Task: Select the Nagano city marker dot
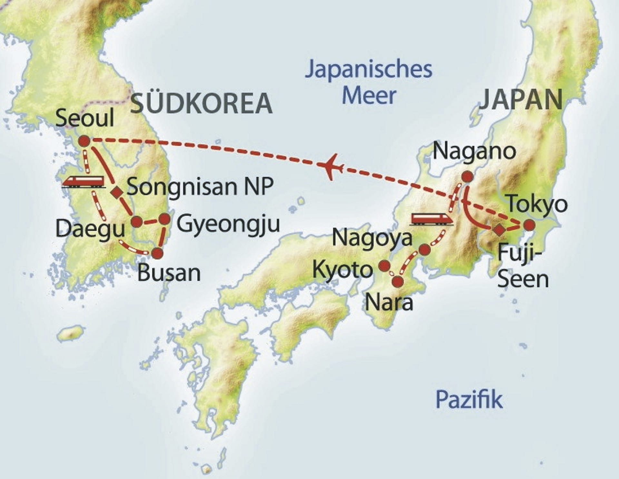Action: pos(467,176)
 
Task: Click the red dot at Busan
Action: pos(157,253)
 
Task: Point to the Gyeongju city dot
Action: pos(164,219)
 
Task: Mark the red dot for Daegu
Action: pos(136,222)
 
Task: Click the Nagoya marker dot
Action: pos(425,249)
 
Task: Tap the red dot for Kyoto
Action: pos(384,266)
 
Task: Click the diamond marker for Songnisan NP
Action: pos(116,193)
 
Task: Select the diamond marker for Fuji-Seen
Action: pos(499,229)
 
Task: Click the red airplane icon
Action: pos(331,166)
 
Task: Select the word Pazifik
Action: pos(469,399)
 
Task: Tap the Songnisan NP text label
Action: pos(200,186)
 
